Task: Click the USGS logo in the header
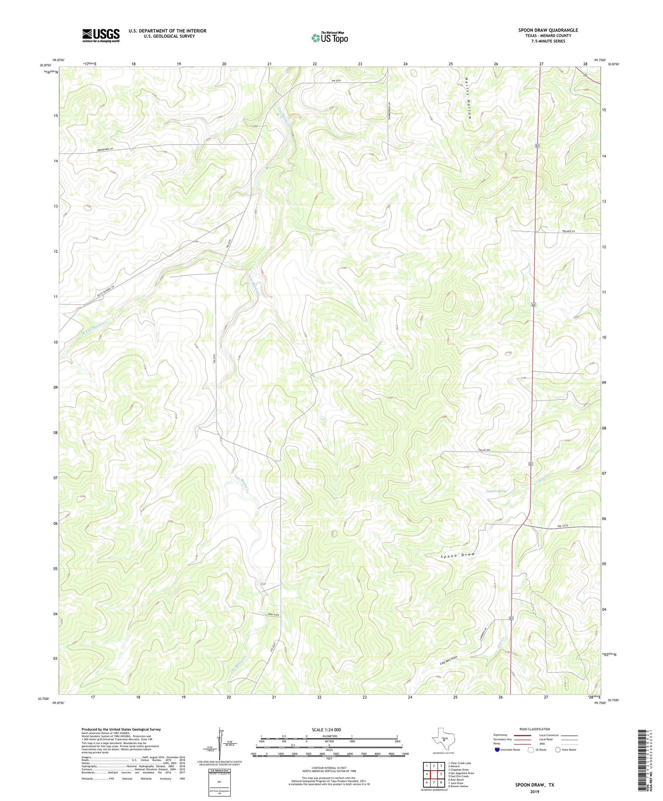(101, 35)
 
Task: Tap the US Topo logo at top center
(329, 38)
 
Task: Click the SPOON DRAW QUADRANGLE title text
(548, 30)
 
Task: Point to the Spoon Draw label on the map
(457, 556)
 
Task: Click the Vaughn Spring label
(496, 491)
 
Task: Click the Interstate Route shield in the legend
(497, 750)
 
